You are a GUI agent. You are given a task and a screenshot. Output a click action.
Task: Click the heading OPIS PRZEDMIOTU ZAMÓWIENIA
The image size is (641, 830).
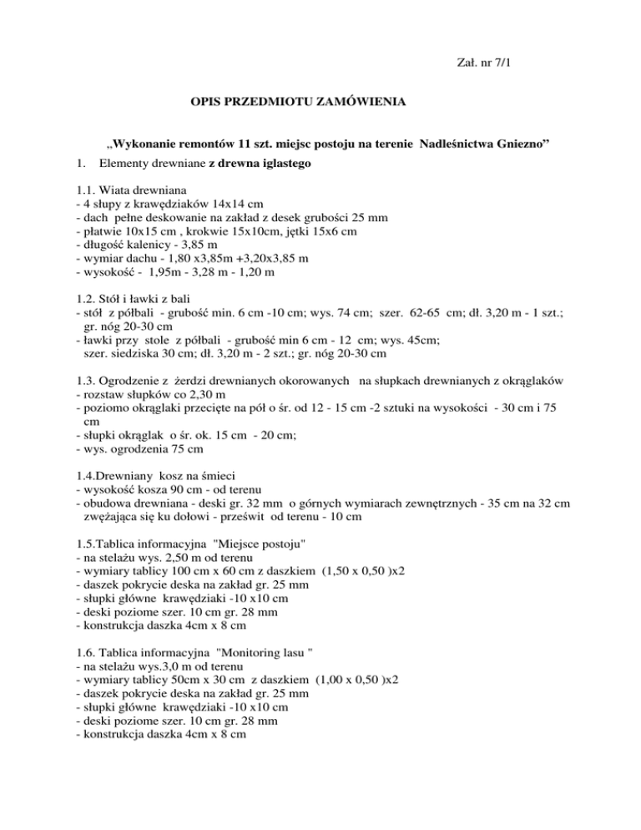pyautogui.click(x=299, y=103)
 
